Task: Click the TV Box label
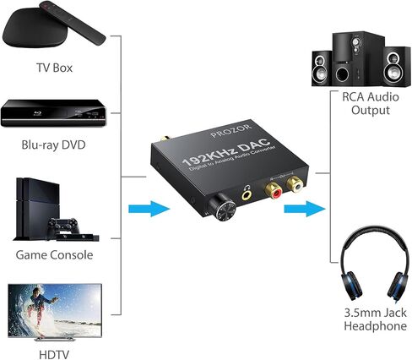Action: (x=54, y=68)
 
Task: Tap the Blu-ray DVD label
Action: (x=53, y=145)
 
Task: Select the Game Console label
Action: (x=54, y=255)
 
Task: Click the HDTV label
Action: (x=54, y=355)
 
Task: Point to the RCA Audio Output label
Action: (x=371, y=103)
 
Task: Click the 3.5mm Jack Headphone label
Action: (x=376, y=319)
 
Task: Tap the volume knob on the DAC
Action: (x=222, y=210)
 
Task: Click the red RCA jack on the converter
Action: (x=274, y=192)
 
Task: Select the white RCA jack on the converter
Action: (x=295, y=184)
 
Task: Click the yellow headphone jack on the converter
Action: (x=247, y=194)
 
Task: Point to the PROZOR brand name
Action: (x=231, y=131)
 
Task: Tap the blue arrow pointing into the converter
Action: (x=149, y=209)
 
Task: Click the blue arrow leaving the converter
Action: (x=305, y=209)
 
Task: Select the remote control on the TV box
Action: (x=73, y=23)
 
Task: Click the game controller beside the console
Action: (x=62, y=226)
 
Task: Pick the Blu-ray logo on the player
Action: (x=38, y=113)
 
